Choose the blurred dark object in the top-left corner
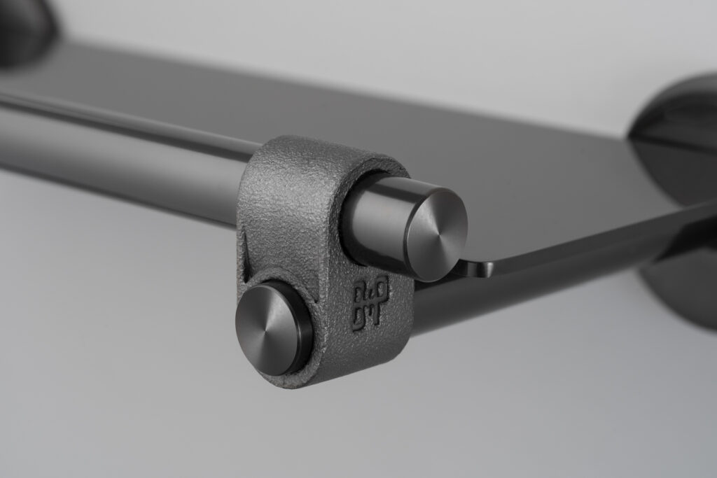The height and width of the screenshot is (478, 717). coord(25,28)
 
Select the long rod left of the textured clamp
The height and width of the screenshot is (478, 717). coord(119,154)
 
